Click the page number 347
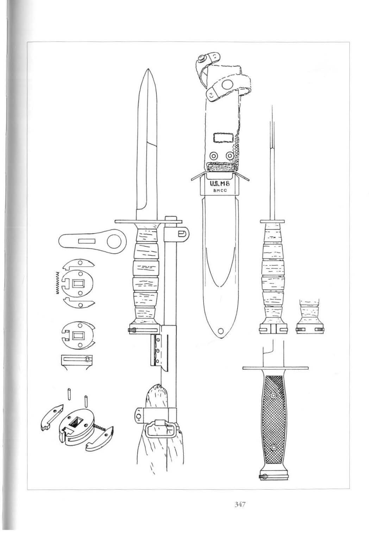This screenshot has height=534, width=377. tap(239, 504)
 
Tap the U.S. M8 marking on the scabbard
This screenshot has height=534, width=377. tap(220, 183)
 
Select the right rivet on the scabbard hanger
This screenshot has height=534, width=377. tap(230, 155)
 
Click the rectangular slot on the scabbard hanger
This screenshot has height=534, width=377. tap(221, 138)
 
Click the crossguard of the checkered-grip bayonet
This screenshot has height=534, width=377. tap(277, 368)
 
